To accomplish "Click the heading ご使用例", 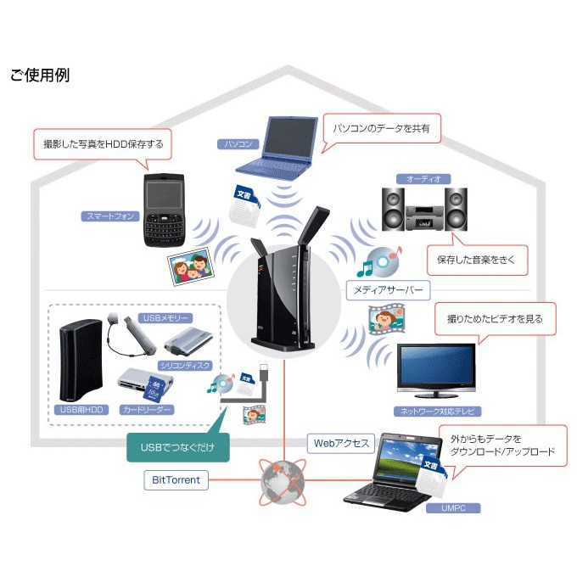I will pyautogui.click(x=40, y=76).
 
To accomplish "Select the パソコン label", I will pyautogui.click(x=237, y=144).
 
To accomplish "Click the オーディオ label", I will pyautogui.click(x=423, y=179).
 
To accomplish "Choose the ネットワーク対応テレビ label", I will pyautogui.click(x=440, y=411).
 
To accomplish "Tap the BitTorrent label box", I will pyautogui.click(x=176, y=480).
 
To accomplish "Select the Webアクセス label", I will pyautogui.click(x=341, y=443).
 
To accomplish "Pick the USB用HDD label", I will pyautogui.click(x=82, y=410).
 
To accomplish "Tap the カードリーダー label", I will pyautogui.click(x=147, y=410).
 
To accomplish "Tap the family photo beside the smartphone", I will pyautogui.click(x=192, y=270).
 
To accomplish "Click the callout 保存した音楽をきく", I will pyautogui.click(x=476, y=259).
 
